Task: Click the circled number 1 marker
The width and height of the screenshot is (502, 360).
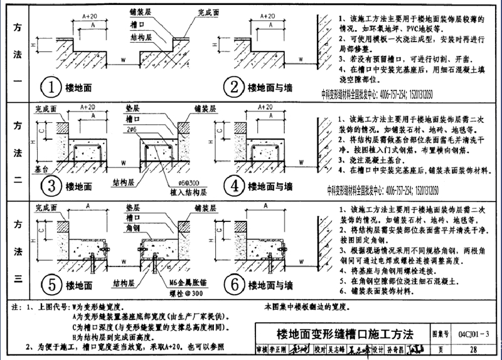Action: pos(51,87)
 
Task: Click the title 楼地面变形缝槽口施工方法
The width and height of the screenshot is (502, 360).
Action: pos(344,333)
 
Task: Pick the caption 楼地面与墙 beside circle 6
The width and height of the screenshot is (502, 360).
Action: pos(271,284)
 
